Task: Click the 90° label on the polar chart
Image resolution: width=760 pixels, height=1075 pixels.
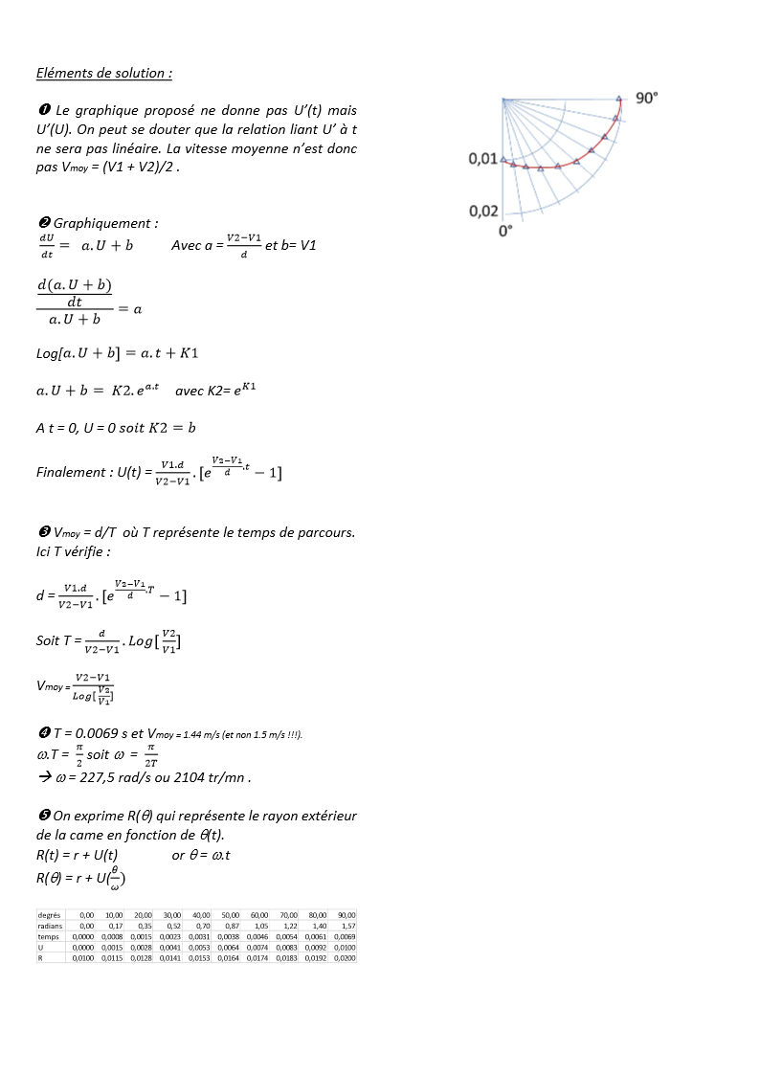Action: click(x=648, y=98)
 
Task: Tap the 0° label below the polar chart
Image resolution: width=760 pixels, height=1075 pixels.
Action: click(x=505, y=232)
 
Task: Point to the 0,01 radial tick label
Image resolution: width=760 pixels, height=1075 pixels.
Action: click(x=482, y=158)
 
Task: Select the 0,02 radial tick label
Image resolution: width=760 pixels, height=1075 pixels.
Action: click(x=482, y=211)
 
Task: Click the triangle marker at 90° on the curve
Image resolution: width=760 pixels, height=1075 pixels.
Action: click(x=618, y=98)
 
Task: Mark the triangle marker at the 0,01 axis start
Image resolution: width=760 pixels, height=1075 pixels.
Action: click(x=504, y=160)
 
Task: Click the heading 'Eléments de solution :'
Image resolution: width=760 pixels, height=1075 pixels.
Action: click(x=104, y=73)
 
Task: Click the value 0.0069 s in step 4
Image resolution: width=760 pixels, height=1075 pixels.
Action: click(x=93, y=733)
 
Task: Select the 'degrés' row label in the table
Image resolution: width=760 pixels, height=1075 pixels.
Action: click(x=49, y=915)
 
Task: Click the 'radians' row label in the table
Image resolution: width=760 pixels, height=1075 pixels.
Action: click(x=50, y=926)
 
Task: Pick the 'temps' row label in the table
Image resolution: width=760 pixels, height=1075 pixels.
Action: click(x=49, y=936)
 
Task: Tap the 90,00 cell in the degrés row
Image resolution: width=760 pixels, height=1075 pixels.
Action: click(x=346, y=915)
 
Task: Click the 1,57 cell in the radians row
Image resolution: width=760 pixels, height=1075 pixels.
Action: click(x=347, y=926)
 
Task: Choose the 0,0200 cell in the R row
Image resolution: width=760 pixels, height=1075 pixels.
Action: click(x=345, y=957)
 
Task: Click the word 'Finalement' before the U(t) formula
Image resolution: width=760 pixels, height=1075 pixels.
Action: click(x=71, y=472)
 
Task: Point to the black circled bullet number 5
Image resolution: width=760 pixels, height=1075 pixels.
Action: click(x=43, y=816)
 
